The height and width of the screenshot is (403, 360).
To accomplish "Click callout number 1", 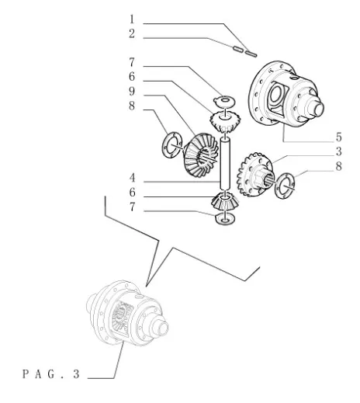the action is tap(132, 19).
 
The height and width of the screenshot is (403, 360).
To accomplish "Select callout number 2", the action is tap(132, 34).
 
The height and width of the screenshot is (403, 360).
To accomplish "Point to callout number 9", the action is tap(132, 92).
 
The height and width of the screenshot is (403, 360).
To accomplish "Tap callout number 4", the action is tap(132, 178).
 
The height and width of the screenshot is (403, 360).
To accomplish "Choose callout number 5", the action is tap(339, 137).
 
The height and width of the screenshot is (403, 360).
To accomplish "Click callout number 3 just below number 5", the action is tap(339, 151).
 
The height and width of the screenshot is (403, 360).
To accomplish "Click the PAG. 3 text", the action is tap(51, 374).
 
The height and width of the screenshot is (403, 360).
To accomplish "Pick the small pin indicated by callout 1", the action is tap(251, 54).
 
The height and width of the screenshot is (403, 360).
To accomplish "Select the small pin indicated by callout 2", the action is tap(238, 49).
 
